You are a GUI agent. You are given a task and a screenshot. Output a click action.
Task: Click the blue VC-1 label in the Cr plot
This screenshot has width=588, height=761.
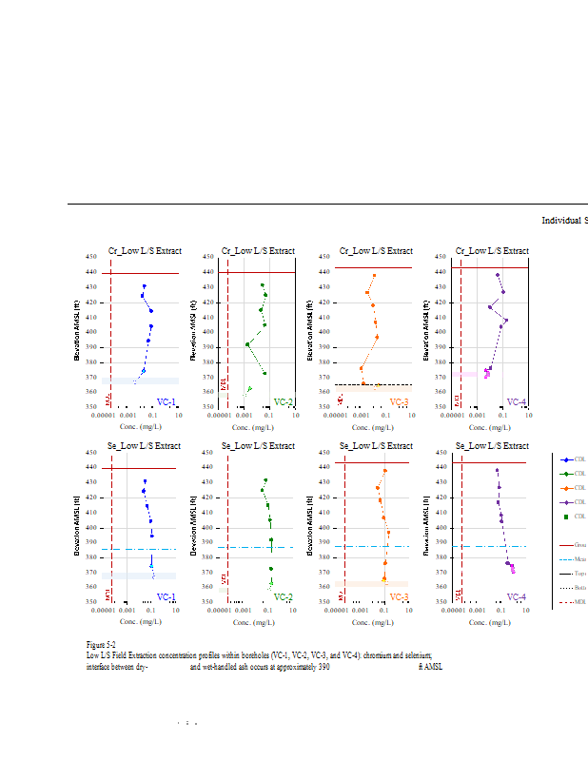pos(166,402)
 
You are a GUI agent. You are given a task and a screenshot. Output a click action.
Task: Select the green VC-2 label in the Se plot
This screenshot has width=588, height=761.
pos(284,597)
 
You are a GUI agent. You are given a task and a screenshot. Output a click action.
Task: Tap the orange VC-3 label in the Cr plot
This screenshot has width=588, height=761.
pos(399,402)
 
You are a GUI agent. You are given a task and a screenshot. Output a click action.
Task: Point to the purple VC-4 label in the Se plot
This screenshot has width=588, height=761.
pos(517,597)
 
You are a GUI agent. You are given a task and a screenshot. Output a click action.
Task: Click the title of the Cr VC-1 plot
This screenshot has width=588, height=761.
pos(144,251)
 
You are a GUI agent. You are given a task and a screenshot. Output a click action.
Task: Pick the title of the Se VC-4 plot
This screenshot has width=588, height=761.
pos(492,446)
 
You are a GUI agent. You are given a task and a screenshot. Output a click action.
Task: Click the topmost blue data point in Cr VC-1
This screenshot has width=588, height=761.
pos(145,286)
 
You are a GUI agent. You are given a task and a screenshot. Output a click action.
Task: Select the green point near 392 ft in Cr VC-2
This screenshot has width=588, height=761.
pos(247,344)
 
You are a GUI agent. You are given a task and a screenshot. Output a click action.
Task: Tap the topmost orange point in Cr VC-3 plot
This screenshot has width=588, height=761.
pos(375,276)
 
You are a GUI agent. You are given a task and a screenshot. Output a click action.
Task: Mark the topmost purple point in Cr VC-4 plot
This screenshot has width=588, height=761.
pos(497,275)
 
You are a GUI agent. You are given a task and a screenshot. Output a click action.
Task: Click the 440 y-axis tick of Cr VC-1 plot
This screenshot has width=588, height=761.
pos(91,272)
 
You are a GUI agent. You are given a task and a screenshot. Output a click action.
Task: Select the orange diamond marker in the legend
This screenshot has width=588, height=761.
pos(567,488)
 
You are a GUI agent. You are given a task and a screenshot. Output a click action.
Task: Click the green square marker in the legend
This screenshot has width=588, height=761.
pos(567,517)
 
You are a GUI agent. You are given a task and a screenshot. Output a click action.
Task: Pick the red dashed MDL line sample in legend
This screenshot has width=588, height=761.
pos(567,602)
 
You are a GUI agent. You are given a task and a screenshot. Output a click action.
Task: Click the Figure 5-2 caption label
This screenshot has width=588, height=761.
pos(101,645)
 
